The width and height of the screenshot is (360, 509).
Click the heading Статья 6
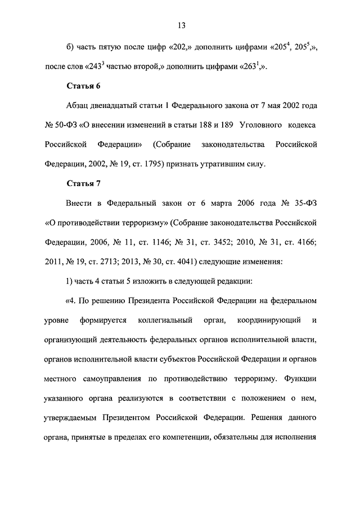(x=83, y=85)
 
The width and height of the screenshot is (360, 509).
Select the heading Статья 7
(x=83, y=183)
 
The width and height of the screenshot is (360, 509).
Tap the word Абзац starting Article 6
(x=79, y=105)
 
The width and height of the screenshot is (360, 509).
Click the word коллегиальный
(x=163, y=320)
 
